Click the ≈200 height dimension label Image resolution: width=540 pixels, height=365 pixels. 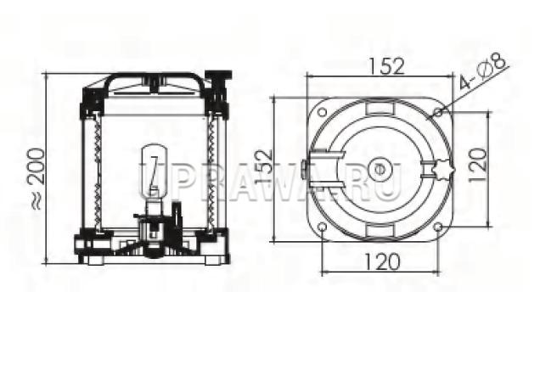pyautogui.click(x=37, y=178)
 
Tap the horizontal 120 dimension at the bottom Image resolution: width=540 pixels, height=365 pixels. pyautogui.click(x=381, y=261)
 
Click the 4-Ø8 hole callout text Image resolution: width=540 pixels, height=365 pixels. pyautogui.click(x=484, y=71)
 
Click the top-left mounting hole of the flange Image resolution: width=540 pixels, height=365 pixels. pyautogui.click(x=323, y=112)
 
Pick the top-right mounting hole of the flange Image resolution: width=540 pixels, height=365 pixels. pyautogui.click(x=438, y=112)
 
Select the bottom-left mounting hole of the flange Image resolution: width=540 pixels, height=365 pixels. pyautogui.click(x=323, y=227)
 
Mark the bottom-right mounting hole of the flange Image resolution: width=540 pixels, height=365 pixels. pyautogui.click(x=438, y=227)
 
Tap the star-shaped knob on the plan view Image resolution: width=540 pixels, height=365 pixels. pyautogui.click(x=445, y=170)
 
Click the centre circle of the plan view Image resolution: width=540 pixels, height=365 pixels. pyautogui.click(x=380, y=170)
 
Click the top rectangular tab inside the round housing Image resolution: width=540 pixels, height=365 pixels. pyautogui.click(x=380, y=106)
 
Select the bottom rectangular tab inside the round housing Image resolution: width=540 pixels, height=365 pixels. pyautogui.click(x=380, y=231)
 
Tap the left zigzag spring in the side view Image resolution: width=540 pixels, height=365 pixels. pyautogui.click(x=98, y=172)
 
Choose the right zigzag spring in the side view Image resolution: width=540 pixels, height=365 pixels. pyautogui.click(x=211, y=172)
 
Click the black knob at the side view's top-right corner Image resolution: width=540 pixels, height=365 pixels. pyautogui.click(x=218, y=76)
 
